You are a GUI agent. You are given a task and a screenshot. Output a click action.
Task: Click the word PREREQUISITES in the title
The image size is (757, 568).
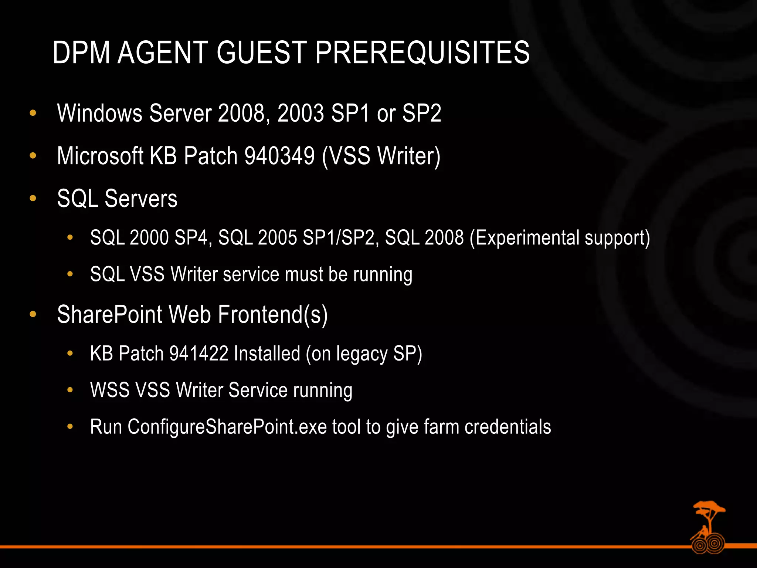tap(422, 53)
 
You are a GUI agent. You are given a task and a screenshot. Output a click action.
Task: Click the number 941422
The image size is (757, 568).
tap(199, 353)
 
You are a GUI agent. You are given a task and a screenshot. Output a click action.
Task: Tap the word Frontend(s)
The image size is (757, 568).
tap(272, 315)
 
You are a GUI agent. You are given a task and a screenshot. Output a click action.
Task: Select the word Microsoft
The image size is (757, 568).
tap(100, 156)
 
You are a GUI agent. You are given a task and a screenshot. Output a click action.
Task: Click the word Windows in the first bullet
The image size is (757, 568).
tap(100, 113)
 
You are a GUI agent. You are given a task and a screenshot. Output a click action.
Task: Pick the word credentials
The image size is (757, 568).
tap(508, 427)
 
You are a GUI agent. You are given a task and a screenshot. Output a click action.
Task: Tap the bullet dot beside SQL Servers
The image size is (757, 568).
tap(33, 199)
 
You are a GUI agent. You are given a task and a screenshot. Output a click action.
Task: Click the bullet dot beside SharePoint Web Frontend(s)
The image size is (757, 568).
tap(33, 315)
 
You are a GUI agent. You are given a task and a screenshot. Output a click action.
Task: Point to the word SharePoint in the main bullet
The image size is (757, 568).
tap(110, 315)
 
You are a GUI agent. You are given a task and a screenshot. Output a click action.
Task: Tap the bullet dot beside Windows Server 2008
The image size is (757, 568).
tap(33, 113)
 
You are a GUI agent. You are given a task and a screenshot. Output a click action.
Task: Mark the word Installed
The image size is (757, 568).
tap(267, 353)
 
